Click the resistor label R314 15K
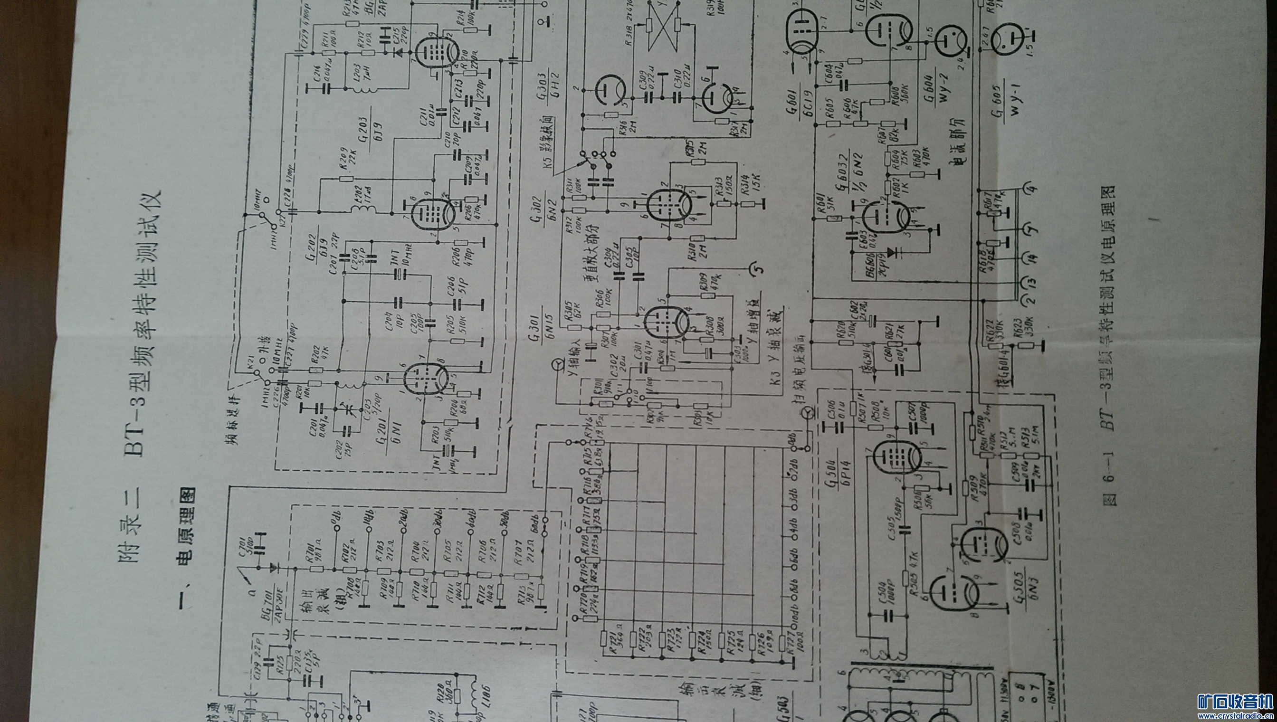(752, 184)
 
